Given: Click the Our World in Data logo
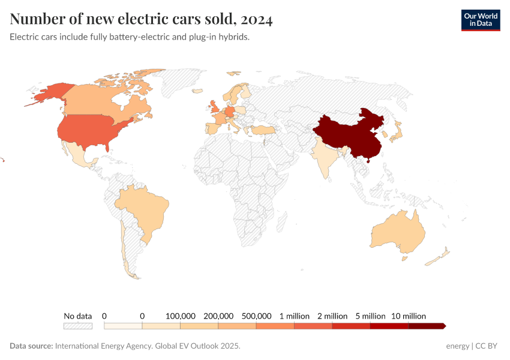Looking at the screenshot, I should pyautogui.click(x=480, y=19).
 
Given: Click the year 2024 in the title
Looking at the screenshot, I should pyautogui.click(x=257, y=20).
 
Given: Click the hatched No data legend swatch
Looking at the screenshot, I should pyautogui.click(x=78, y=326).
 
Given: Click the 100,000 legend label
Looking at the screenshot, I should pyautogui.click(x=180, y=316).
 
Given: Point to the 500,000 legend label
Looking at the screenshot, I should pyautogui.click(x=256, y=316).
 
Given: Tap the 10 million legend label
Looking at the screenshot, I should pyautogui.click(x=409, y=316).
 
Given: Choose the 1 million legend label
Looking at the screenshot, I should pyautogui.click(x=294, y=316).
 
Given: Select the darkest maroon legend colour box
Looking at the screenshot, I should pyautogui.click(x=426, y=326).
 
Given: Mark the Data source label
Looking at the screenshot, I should pyautogui.click(x=31, y=346).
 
